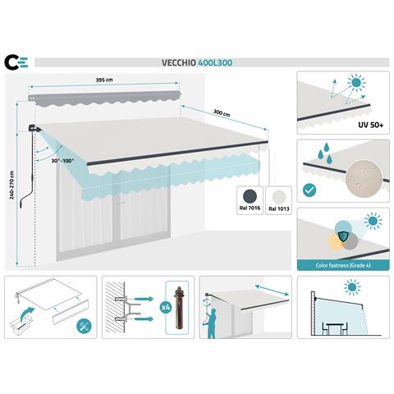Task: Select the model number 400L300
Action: [x=215, y=61]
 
